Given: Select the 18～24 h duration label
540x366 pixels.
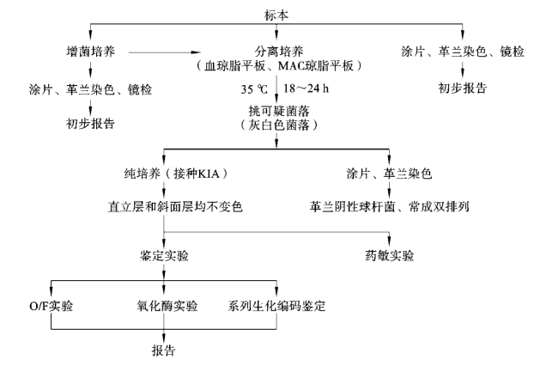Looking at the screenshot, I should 306,88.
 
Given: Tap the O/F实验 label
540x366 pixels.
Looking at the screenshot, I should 51,304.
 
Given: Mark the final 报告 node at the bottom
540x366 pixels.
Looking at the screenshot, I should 161,351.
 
